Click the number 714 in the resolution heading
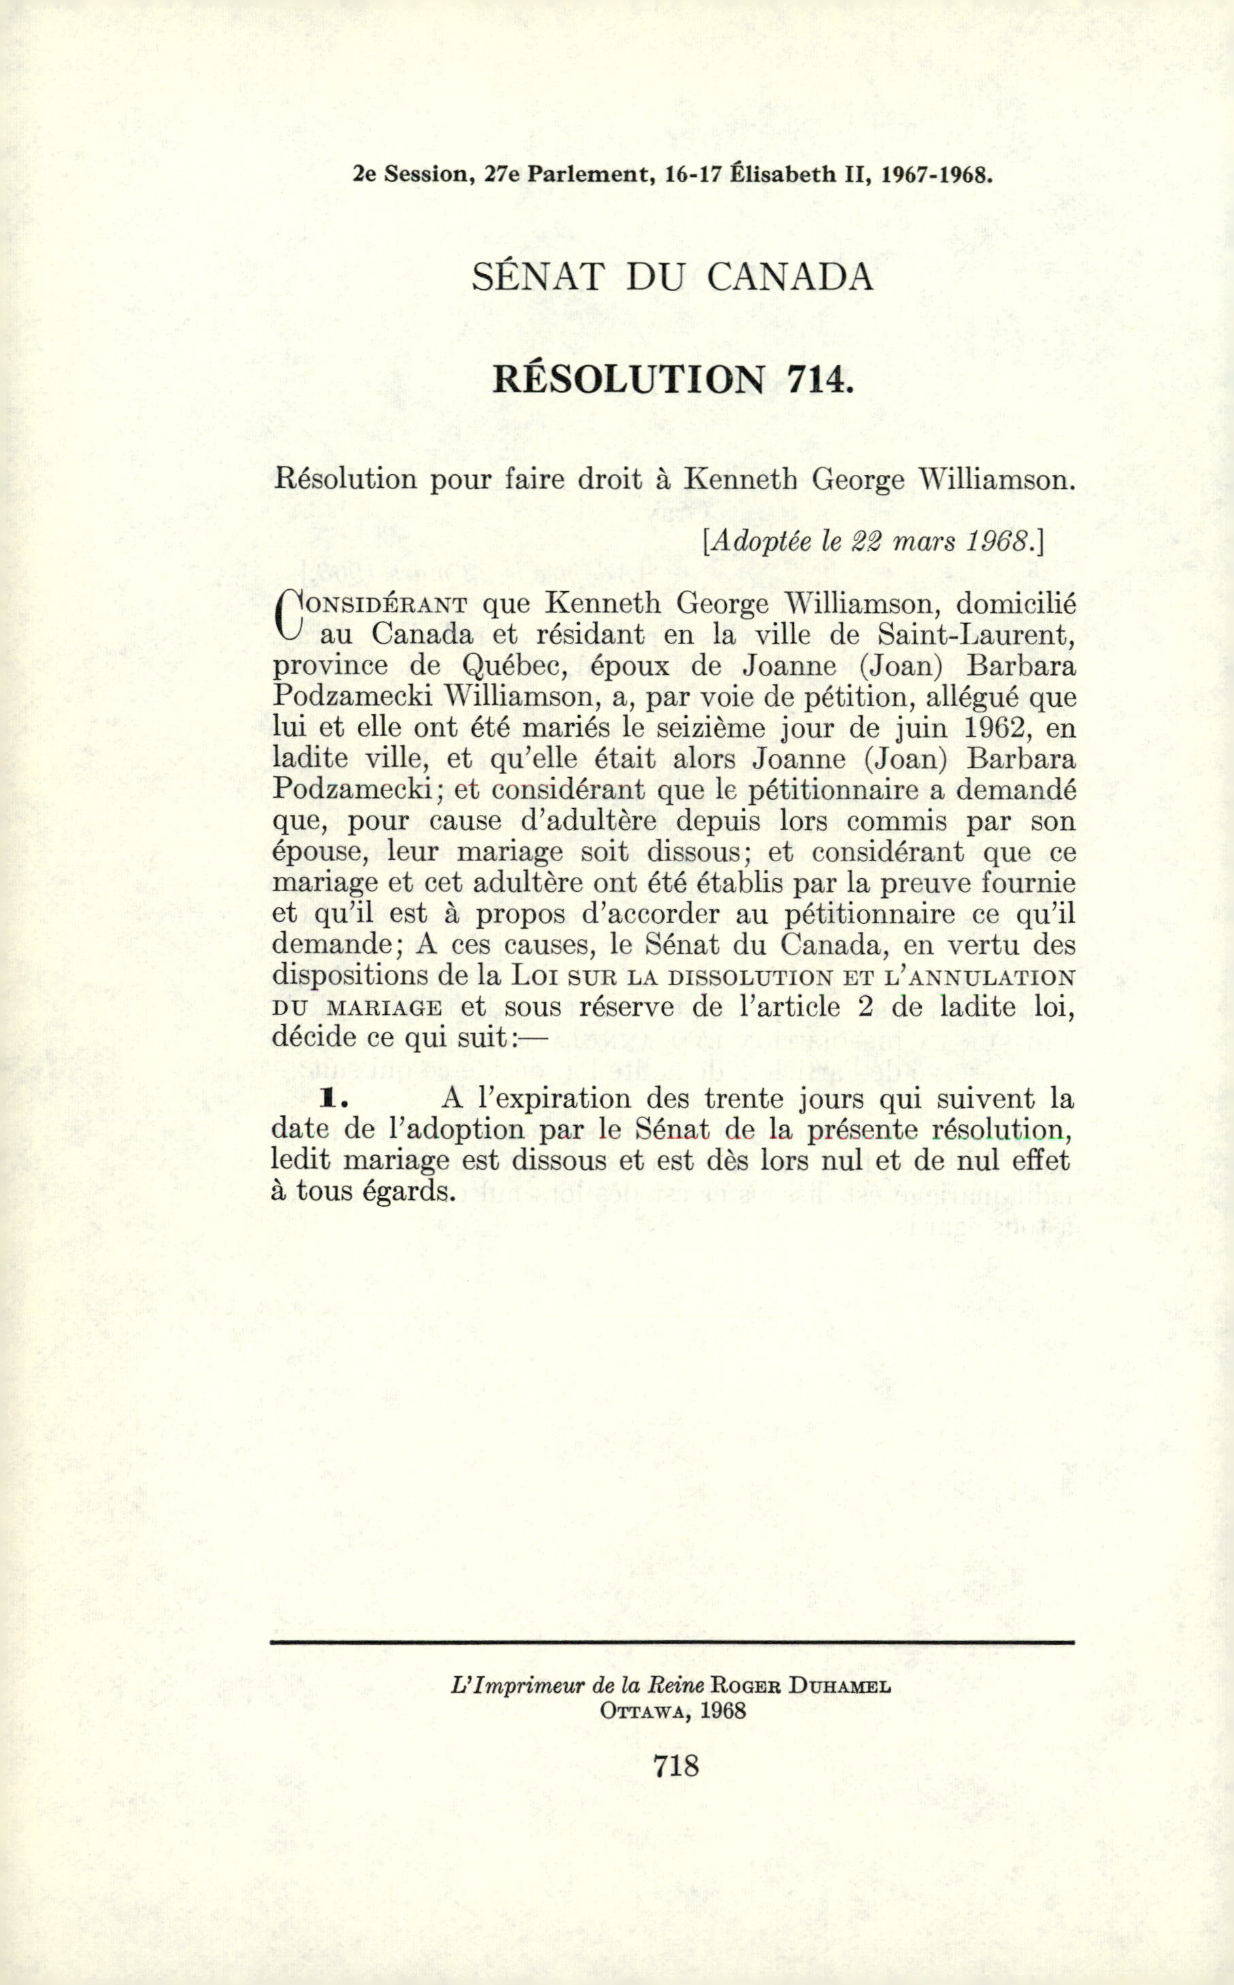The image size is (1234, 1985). coord(818,380)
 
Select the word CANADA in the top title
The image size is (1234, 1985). coord(789,278)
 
